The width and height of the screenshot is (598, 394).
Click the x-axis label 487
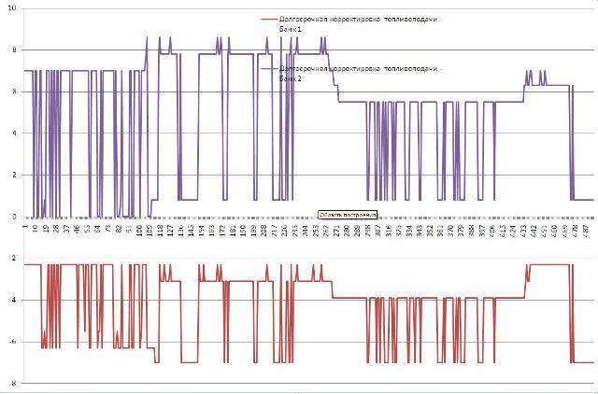tap(586, 230)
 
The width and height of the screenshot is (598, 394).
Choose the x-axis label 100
tap(139, 230)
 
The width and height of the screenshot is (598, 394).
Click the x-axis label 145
tap(192, 230)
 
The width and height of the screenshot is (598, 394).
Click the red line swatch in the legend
tap(271, 19)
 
